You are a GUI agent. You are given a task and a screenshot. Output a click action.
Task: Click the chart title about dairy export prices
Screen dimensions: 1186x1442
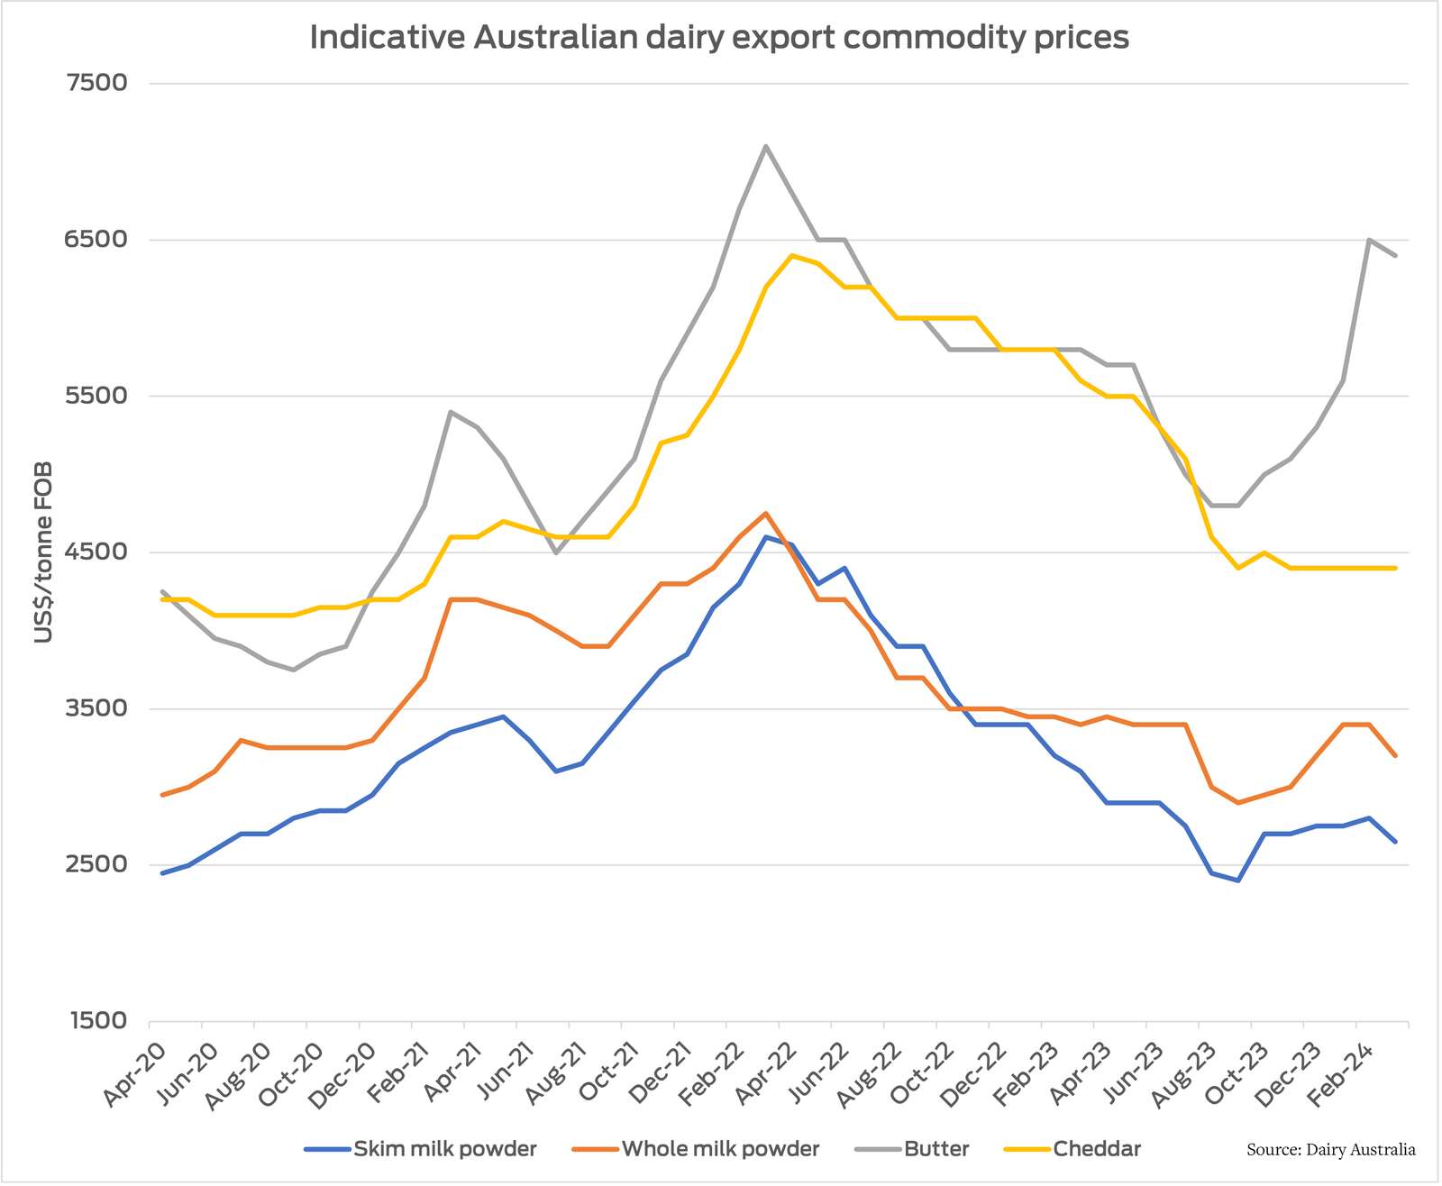(718, 38)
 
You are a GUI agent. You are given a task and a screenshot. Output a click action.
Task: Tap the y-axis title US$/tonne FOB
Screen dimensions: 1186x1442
(42, 552)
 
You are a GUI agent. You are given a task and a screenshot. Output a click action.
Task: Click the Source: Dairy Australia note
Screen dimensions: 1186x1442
(1330, 1150)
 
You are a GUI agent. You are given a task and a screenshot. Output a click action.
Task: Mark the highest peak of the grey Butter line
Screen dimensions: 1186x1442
(765, 146)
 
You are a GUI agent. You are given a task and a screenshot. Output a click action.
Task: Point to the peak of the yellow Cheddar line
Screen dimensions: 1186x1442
(791, 255)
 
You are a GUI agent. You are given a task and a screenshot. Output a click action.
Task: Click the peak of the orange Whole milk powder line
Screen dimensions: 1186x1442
(765, 514)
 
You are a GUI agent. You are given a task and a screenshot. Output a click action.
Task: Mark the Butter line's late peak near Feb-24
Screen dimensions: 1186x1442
(1368, 240)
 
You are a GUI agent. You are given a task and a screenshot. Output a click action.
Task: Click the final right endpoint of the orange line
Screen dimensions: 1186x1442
(1395, 755)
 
